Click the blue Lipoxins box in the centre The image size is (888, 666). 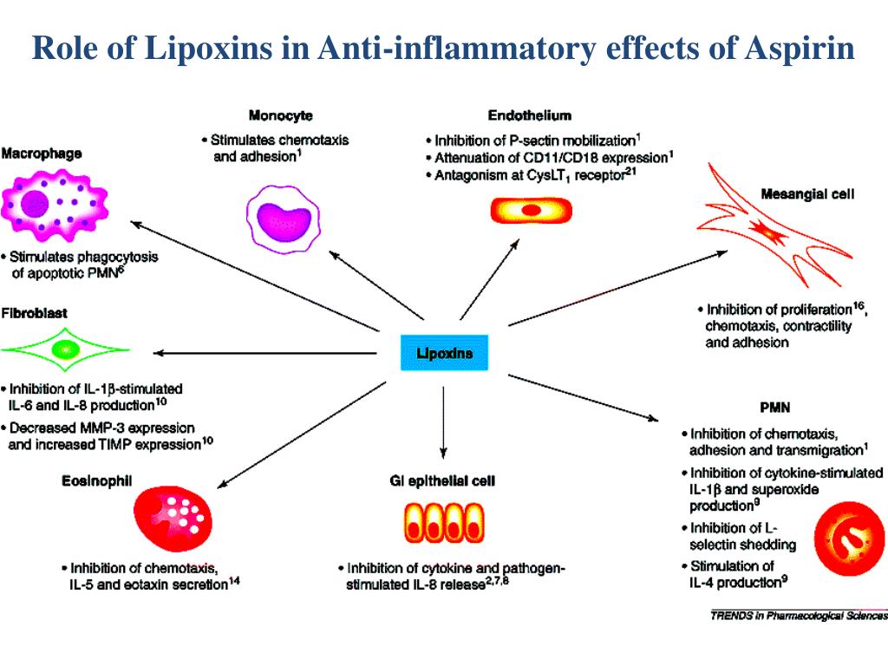[443, 353]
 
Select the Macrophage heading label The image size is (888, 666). [42, 153]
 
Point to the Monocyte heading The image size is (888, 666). [280, 115]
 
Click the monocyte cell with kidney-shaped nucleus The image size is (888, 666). [284, 219]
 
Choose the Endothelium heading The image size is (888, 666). [529, 115]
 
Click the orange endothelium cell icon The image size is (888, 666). [531, 211]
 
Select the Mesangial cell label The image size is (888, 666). [806, 194]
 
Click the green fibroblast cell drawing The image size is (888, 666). [65, 349]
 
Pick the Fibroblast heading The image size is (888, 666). [35, 311]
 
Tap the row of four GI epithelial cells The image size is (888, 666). [443, 523]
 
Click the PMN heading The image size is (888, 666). [774, 407]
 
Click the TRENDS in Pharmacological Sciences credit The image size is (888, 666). [798, 616]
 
